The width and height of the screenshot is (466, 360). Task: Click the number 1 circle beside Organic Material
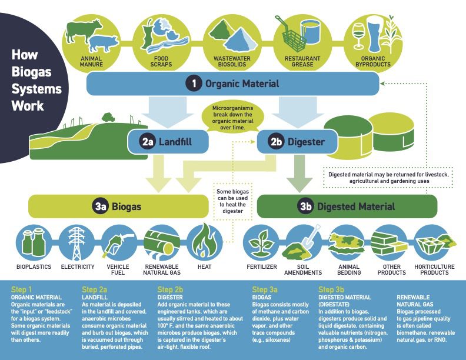pos(194,84)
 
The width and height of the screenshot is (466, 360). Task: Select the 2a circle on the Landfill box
pos(147,142)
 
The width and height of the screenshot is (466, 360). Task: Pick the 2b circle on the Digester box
pos(277,142)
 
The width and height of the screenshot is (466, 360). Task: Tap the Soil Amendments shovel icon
pos(302,242)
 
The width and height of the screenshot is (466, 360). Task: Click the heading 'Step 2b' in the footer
pos(171,289)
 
